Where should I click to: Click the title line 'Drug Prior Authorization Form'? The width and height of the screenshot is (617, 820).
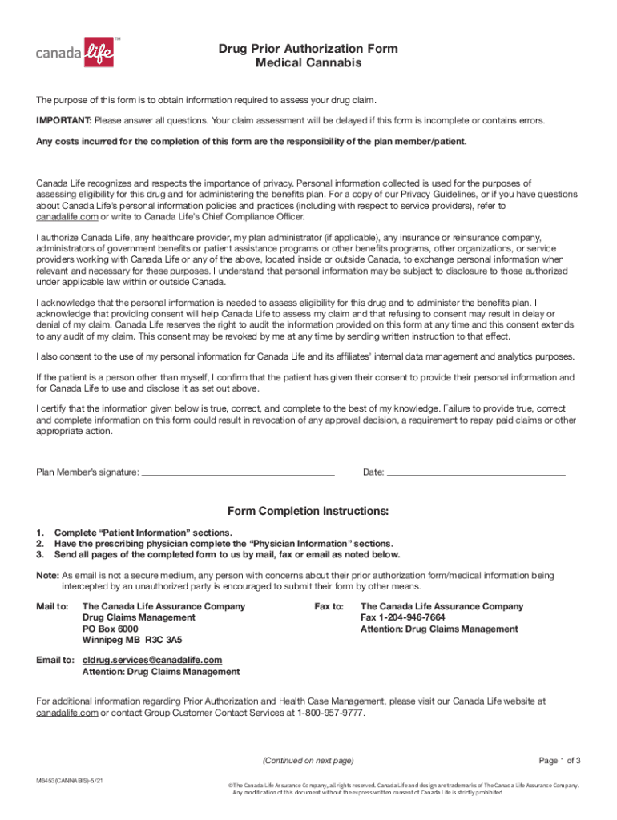(308, 49)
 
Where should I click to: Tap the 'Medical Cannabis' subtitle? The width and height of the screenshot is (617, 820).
(308, 63)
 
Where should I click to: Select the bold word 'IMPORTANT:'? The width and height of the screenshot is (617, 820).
(64, 120)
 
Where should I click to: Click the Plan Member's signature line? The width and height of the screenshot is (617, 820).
(238, 472)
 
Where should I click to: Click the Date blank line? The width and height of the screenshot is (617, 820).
(476, 472)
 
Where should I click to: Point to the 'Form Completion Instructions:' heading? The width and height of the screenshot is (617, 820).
(308, 511)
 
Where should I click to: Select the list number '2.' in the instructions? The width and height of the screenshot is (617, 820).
(40, 544)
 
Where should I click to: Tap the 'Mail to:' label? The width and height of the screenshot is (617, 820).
(53, 607)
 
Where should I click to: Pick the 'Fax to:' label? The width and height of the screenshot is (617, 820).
(329, 607)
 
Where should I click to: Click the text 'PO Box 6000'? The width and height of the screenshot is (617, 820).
(111, 629)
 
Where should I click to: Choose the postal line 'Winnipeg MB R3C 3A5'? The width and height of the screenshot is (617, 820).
(132, 641)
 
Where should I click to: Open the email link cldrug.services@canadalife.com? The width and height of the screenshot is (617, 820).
(152, 661)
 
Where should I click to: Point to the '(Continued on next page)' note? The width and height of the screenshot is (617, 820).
(308, 760)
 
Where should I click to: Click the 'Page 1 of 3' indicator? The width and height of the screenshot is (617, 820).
(559, 760)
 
